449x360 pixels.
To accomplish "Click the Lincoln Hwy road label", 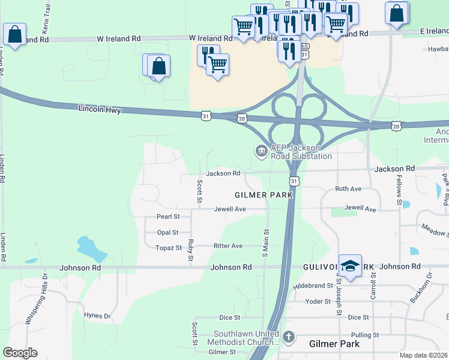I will (x=100, y=110).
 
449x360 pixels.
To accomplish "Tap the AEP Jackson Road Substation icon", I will (x=261, y=150).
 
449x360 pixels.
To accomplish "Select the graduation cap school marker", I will (x=350, y=265).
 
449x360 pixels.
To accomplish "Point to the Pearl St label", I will (x=168, y=217).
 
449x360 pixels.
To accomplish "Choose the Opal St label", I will (x=167, y=232).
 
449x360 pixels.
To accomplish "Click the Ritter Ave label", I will (x=228, y=246).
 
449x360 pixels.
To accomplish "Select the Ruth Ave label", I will (x=348, y=188).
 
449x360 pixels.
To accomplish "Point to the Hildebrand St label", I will (x=313, y=286).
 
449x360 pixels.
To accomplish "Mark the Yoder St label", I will (x=319, y=301).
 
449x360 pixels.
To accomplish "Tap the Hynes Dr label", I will (x=98, y=316).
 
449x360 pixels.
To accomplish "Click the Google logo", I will (x=20, y=353).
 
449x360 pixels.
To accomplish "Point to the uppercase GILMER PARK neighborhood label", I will (x=264, y=195).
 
